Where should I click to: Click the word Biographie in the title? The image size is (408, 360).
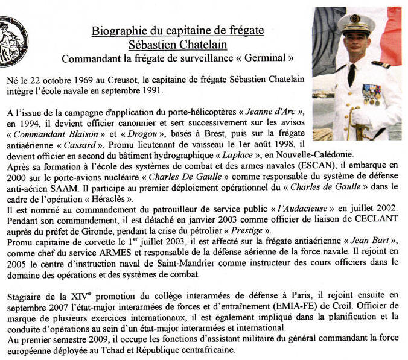click(x=117, y=31)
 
